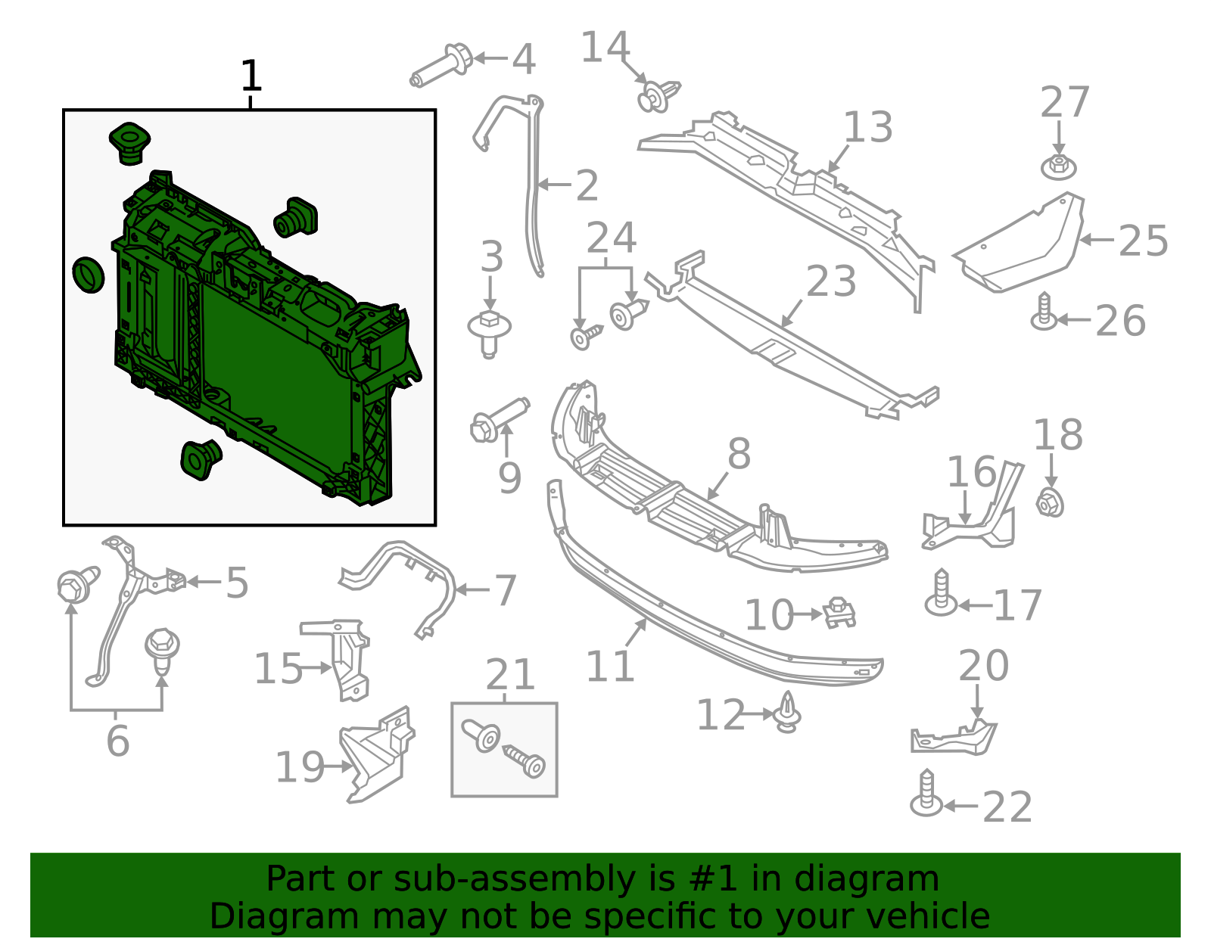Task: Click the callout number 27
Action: tap(1064, 102)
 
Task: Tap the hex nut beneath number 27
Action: tap(1059, 166)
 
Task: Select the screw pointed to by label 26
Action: tap(1044, 312)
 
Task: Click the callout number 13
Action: tap(868, 127)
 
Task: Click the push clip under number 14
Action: tap(657, 96)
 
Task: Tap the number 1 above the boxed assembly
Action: tap(251, 76)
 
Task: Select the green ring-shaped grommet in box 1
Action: tap(89, 275)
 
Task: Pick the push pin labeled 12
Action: tap(789, 713)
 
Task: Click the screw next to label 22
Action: tap(927, 794)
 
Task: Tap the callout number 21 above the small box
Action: tap(510, 674)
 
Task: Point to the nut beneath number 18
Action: tap(1050, 502)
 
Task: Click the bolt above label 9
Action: tap(497, 420)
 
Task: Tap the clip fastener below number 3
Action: tap(490, 331)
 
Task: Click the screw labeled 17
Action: tap(941, 594)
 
